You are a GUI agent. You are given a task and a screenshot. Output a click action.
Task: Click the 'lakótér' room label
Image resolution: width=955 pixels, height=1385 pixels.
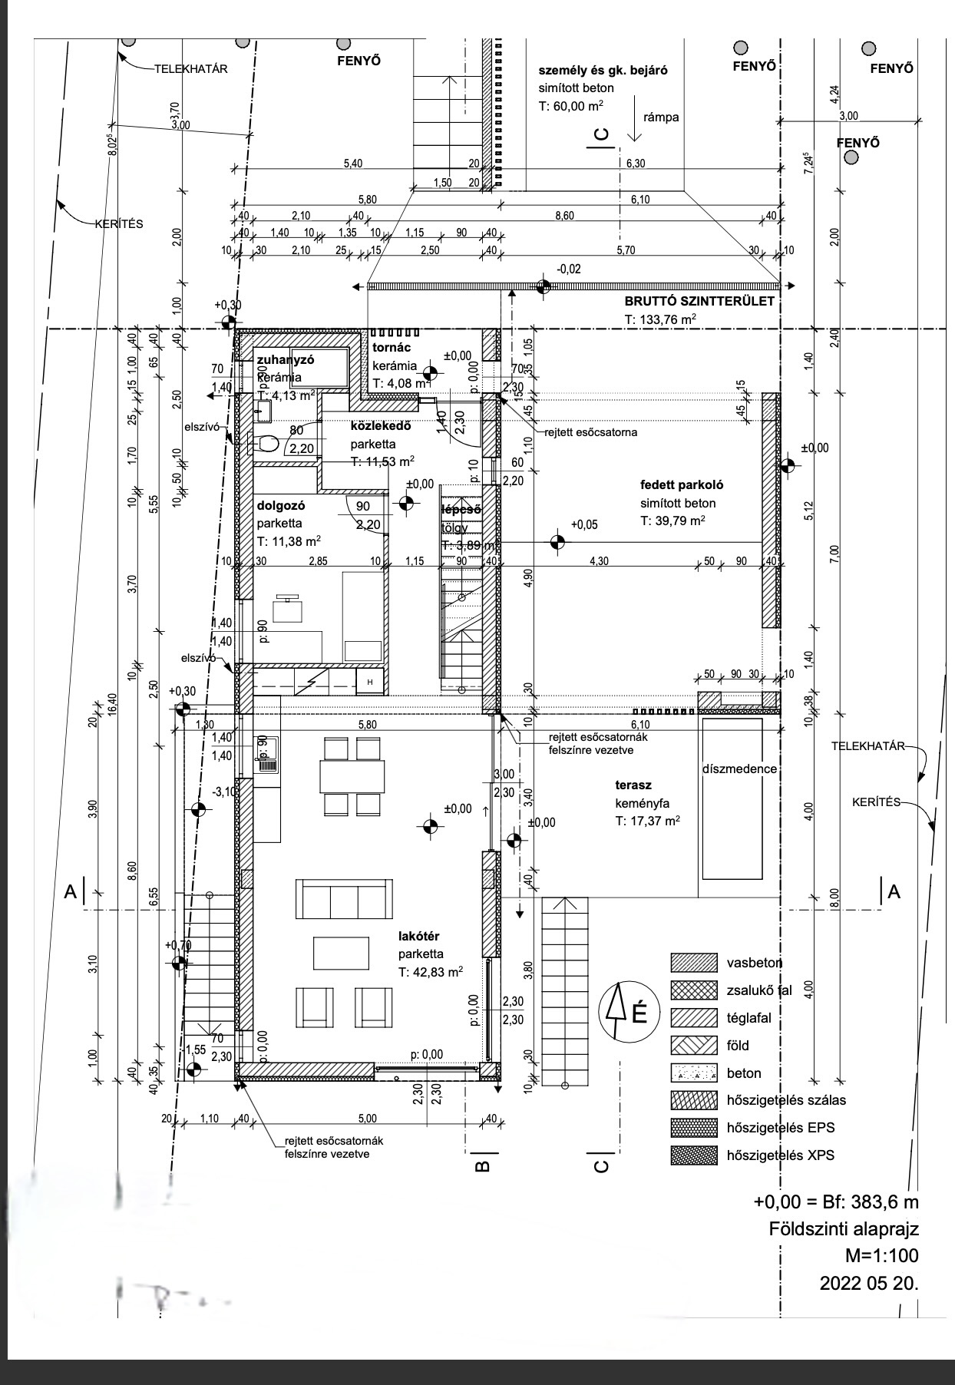(419, 936)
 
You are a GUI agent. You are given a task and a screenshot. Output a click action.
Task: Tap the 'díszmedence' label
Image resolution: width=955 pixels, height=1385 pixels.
(739, 769)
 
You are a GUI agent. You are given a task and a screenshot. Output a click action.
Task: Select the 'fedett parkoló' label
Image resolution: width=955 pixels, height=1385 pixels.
(682, 485)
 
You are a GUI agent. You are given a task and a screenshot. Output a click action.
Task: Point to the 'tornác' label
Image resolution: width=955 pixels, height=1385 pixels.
(392, 348)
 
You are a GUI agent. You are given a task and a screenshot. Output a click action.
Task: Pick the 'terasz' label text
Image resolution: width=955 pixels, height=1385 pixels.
(633, 785)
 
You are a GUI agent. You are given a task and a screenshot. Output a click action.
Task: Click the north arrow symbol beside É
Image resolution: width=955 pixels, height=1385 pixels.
(616, 1012)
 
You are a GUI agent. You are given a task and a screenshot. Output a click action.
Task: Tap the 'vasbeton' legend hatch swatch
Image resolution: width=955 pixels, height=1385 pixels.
(692, 963)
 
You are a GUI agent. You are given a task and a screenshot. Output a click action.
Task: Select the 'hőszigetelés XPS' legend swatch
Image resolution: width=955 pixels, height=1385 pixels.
(692, 1155)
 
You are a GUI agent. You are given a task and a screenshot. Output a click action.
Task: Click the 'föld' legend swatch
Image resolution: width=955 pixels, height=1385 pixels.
(692, 1045)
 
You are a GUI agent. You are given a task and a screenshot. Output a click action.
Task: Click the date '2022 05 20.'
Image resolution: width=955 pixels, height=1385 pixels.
(869, 1283)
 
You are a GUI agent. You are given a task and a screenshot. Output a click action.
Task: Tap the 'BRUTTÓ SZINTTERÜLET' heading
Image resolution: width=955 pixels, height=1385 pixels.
(699, 302)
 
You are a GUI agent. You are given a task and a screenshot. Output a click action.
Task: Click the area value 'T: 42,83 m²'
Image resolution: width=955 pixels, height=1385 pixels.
(431, 972)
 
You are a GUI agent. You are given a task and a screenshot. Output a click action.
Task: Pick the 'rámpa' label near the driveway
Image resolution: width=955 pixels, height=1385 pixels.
(661, 117)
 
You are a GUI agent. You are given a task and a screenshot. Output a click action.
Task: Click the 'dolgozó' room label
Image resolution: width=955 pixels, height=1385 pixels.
(281, 506)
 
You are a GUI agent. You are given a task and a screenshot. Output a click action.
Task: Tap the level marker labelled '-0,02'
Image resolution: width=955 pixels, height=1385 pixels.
(544, 287)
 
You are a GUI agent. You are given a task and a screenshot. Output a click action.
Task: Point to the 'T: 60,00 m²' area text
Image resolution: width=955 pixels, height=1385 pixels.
(570, 107)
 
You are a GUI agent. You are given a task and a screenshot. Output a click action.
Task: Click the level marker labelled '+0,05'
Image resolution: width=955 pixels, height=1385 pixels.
(559, 542)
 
